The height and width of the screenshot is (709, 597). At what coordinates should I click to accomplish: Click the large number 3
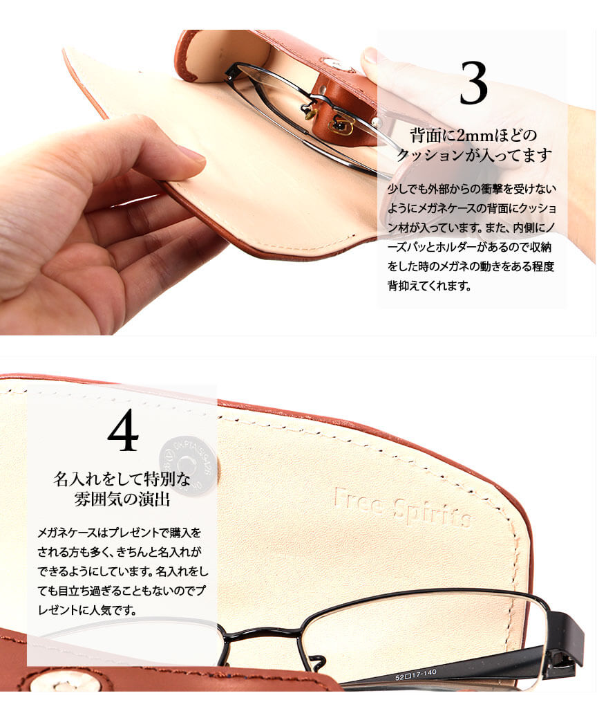(473, 83)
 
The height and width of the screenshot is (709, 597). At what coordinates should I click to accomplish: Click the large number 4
(123, 430)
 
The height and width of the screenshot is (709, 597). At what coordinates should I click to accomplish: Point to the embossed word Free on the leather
(360, 501)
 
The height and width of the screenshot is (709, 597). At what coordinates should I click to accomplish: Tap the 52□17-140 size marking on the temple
(416, 674)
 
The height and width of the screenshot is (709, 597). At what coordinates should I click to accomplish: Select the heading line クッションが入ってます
(474, 155)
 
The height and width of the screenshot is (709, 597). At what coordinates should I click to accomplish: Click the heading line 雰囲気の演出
(122, 499)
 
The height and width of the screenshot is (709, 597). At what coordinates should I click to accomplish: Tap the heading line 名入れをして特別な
(122, 479)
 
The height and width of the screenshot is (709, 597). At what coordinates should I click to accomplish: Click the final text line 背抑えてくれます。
(430, 286)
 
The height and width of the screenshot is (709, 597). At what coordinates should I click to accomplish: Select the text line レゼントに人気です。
(87, 610)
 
